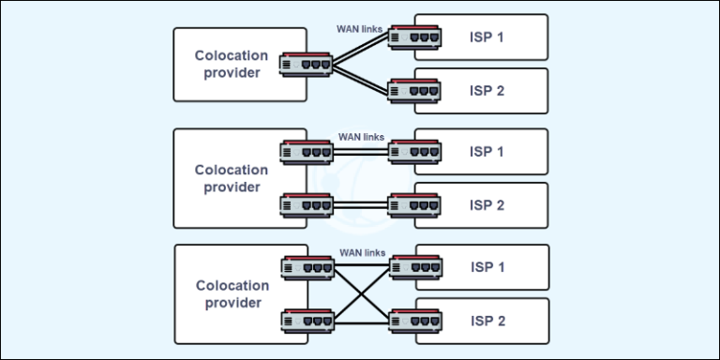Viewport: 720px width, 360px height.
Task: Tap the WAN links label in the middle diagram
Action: (x=362, y=137)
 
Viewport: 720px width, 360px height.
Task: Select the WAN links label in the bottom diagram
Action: (x=362, y=252)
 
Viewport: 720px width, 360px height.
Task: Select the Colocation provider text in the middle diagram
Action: (x=231, y=178)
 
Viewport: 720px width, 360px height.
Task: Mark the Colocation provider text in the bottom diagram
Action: (x=231, y=293)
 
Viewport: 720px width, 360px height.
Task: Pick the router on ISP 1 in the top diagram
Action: (x=414, y=37)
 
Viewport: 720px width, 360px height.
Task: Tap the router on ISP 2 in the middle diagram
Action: (x=414, y=203)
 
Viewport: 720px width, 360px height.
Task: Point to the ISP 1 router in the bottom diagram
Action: (x=414, y=267)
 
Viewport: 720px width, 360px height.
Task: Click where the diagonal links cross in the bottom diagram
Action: (x=361, y=294)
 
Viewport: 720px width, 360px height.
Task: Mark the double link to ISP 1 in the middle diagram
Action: (x=361, y=151)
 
